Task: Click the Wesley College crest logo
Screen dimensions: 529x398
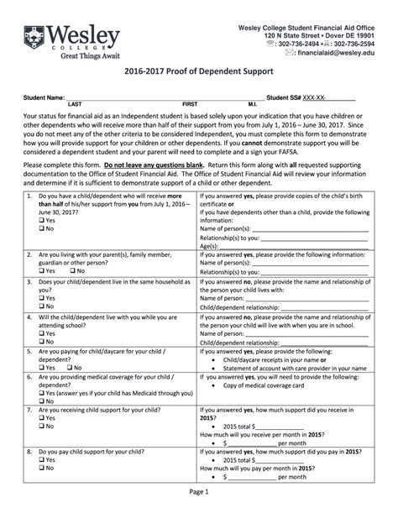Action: click(x=33, y=39)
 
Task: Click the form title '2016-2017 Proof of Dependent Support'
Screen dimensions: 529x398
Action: click(x=199, y=74)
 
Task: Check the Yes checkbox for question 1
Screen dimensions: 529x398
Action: click(x=42, y=220)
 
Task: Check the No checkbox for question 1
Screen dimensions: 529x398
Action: click(x=42, y=228)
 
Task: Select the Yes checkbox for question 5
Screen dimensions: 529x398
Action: click(x=42, y=368)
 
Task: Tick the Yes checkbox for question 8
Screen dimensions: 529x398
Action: click(x=42, y=459)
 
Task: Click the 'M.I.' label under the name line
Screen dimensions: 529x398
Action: click(x=252, y=103)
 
